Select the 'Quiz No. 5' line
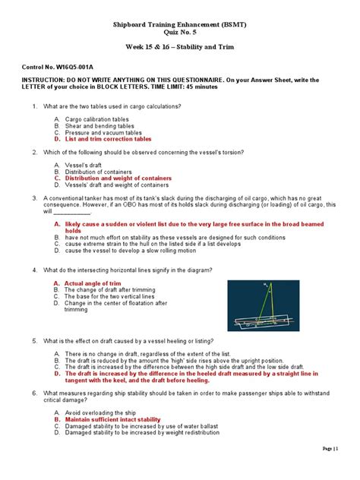[x=179, y=33]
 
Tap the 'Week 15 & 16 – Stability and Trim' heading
[x=179, y=49]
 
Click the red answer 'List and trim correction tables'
[x=108, y=139]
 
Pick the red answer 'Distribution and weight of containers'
[x=118, y=178]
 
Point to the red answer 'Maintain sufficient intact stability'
[x=112, y=419]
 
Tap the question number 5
[x=34, y=339]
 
